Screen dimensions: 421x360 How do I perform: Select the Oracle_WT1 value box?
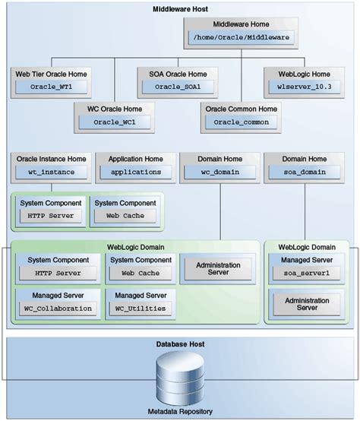point(50,87)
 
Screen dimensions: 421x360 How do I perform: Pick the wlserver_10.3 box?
point(303,87)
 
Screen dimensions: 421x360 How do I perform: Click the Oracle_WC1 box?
point(112,122)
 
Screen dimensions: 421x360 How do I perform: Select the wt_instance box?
point(49,172)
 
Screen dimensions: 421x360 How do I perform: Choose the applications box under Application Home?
point(134,172)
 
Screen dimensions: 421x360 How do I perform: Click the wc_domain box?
point(219,172)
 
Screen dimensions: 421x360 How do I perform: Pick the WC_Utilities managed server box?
point(139,309)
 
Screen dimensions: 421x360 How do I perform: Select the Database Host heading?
point(180,346)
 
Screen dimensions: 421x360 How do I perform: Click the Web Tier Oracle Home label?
point(50,74)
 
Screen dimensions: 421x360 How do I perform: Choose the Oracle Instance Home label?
point(49,159)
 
